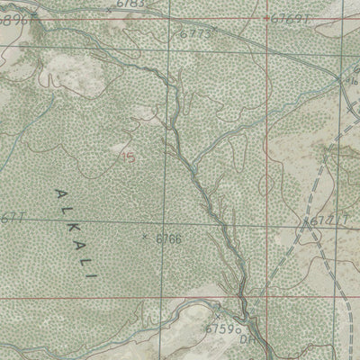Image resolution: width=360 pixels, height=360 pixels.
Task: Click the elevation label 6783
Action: [130, 4]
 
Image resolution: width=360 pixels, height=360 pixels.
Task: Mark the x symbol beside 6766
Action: [147, 238]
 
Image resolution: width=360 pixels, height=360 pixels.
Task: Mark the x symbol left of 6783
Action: [109, 8]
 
